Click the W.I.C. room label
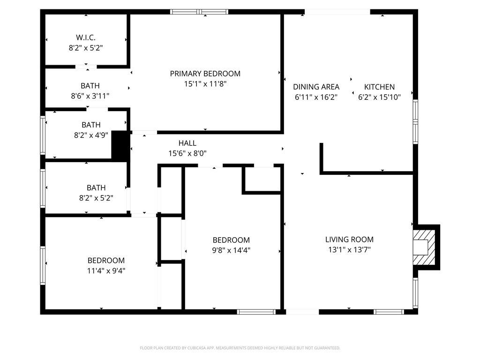click(x=86, y=37)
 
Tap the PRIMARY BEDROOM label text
click(x=205, y=74)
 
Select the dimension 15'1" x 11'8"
click(x=205, y=84)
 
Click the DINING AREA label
click(x=316, y=87)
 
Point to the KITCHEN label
click(x=379, y=87)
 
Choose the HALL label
click(x=187, y=143)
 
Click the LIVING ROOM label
click(x=349, y=240)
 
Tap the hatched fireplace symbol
click(x=425, y=247)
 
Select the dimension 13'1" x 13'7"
click(x=349, y=250)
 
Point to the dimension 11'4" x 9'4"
click(x=106, y=270)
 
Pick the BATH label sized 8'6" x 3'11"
click(x=90, y=86)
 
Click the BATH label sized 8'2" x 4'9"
click(x=91, y=125)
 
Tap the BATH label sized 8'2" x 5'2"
click(x=96, y=187)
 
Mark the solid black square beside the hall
click(x=120, y=146)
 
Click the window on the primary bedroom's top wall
click(x=199, y=12)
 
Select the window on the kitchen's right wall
click(x=415, y=122)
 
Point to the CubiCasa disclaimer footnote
click(x=240, y=348)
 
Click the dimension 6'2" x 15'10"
click(x=379, y=97)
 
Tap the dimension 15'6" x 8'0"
click(x=187, y=153)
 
